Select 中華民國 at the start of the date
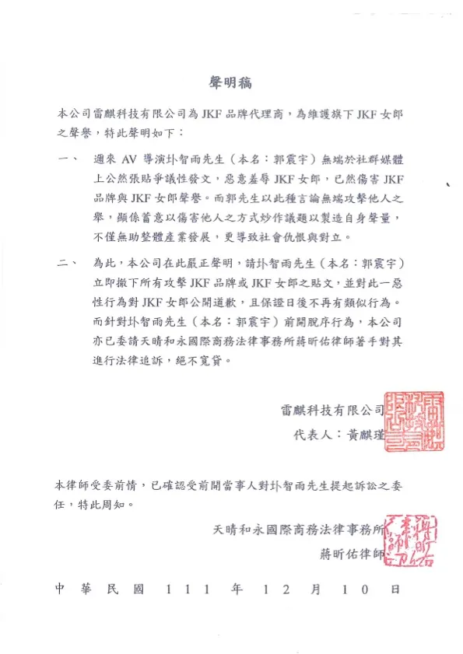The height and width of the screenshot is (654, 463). pos(100,589)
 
